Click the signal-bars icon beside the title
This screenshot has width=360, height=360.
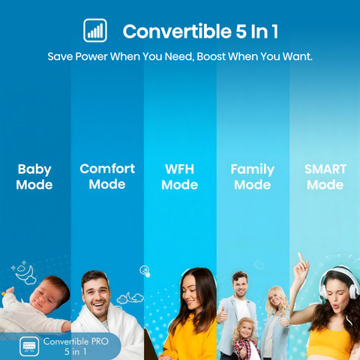point(95,30)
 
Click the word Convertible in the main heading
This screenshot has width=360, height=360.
point(177,31)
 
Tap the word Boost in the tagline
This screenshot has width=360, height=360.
point(211,56)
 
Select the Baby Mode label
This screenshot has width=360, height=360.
point(34,177)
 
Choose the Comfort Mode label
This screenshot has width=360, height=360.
point(107,176)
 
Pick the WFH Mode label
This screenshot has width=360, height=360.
point(179,177)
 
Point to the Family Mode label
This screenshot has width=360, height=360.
point(252,177)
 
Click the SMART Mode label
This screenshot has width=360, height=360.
point(325,177)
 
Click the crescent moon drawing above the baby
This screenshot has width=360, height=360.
point(25,274)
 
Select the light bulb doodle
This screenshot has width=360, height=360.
point(145,271)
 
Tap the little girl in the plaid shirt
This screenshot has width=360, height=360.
point(244,339)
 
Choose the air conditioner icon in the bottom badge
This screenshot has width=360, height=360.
point(29,346)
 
